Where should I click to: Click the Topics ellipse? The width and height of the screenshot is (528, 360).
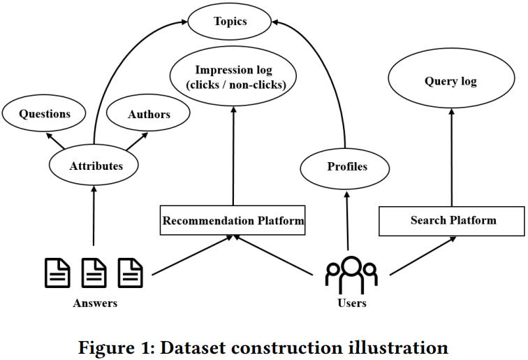pyautogui.click(x=230, y=22)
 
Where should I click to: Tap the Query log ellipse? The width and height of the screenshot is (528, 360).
pyautogui.click(x=450, y=81)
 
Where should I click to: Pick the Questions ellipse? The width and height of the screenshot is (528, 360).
pyautogui.click(x=45, y=114)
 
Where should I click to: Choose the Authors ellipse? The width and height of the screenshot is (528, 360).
pyautogui.click(x=149, y=114)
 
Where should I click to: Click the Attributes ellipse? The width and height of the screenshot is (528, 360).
pyautogui.click(x=96, y=166)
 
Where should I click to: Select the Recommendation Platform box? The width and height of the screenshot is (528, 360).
pyautogui.click(x=233, y=221)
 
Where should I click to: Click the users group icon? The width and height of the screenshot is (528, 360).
pyautogui.click(x=351, y=275)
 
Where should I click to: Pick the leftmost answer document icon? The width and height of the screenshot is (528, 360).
pyautogui.click(x=57, y=273)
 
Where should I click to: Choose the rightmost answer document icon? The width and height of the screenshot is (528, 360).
pyautogui.click(x=130, y=273)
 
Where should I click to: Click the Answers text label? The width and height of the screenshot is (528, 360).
pyautogui.click(x=95, y=303)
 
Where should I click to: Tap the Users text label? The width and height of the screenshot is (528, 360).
pyautogui.click(x=351, y=303)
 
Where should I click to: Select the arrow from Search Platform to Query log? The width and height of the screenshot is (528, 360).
pyautogui.click(x=451, y=158)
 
